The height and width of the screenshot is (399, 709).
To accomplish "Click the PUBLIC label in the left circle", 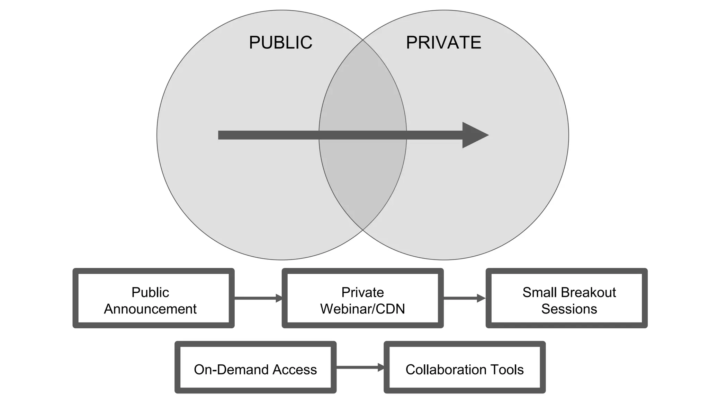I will pos(280,43).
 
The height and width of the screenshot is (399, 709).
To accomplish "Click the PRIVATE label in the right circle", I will pos(443,43).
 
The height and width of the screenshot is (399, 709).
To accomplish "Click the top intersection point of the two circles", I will pos(363,40).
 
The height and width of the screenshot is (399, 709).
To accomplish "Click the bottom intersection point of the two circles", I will pos(363,230).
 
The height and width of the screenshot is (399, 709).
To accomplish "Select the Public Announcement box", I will pos(153,298).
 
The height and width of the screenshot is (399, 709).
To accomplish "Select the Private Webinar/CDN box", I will pos(362,298).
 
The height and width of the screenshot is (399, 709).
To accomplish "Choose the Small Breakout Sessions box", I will pos(566,298).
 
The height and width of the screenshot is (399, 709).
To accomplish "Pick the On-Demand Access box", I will pos(255,367).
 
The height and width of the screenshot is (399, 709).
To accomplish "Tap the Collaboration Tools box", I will pos(465,367).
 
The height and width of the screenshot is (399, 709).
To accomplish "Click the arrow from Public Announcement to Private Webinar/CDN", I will pos(258,298).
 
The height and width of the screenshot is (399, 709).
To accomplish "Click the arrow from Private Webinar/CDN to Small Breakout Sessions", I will pos(464,298).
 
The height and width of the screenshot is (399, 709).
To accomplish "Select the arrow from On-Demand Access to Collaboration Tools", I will pos(360,367).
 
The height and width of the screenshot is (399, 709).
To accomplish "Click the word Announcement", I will pos(150,309).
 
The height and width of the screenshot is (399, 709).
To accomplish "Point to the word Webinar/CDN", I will pos(362,309).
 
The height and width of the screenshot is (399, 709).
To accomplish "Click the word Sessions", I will pos(569,309).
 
